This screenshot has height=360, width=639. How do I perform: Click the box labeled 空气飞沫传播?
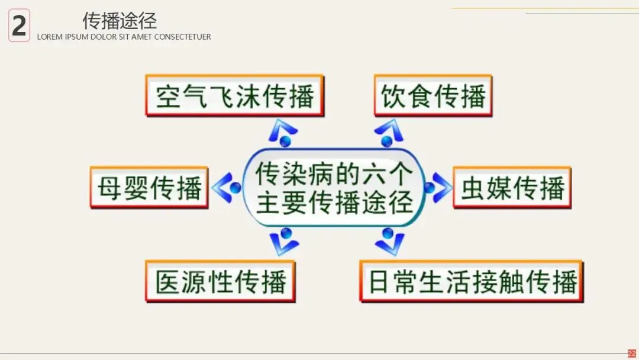coord(234,95)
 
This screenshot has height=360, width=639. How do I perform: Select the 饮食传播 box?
coord(433,95)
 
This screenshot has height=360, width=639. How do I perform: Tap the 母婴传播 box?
coord(149,188)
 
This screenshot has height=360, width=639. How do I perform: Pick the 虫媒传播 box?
coord(512,188)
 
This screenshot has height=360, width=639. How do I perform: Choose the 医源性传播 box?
coord(221,281)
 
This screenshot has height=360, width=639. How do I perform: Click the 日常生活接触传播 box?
coord(472,281)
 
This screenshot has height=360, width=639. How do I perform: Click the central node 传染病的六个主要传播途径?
coord(334,189)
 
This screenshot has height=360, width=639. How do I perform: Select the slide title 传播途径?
coord(120,21)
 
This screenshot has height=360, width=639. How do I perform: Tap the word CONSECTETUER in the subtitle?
coord(183,37)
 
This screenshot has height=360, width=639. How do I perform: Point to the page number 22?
coord(631,353)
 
